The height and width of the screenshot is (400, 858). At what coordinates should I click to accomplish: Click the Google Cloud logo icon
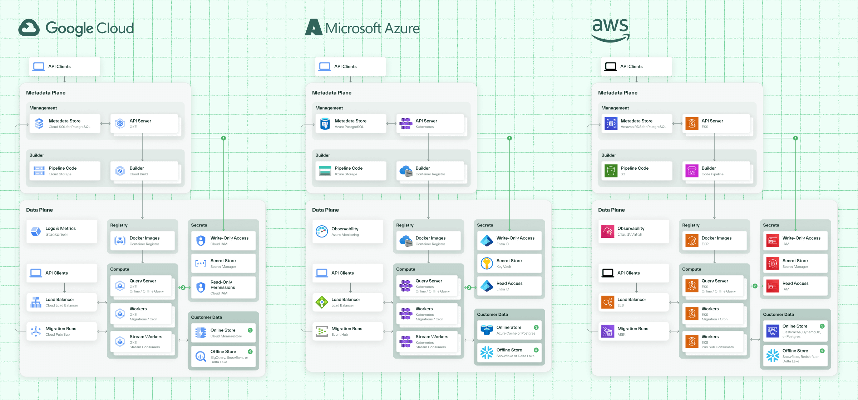[x=29, y=28]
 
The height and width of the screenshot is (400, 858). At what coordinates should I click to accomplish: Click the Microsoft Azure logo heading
[x=362, y=28]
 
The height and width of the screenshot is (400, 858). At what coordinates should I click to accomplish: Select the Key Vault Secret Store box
[x=509, y=264]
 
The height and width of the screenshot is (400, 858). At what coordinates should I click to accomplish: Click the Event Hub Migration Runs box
[x=347, y=331]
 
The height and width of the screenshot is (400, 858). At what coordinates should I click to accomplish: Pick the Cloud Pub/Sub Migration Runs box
[x=61, y=331]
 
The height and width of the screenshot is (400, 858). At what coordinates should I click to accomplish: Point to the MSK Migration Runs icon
[x=608, y=331]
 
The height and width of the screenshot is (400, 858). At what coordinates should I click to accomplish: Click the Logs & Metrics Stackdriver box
[x=61, y=231]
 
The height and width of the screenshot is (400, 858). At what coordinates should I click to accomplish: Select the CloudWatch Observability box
[x=633, y=231]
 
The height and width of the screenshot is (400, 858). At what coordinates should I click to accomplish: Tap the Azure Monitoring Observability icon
[x=322, y=231]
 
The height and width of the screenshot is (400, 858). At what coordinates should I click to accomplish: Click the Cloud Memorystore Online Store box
[x=223, y=333]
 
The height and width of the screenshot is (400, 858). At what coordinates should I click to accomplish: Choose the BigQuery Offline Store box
[x=223, y=356]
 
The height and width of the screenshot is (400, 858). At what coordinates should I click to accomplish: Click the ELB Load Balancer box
[x=633, y=302]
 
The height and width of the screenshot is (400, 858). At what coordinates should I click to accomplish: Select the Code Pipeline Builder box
[x=716, y=171]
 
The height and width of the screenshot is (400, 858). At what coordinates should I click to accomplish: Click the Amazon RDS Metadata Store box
[x=637, y=124]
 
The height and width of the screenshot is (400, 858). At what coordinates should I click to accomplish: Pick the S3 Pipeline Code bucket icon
[x=611, y=171]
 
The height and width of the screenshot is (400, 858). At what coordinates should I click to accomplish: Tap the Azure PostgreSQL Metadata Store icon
[x=325, y=124]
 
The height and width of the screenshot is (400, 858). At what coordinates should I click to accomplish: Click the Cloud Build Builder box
[x=144, y=171]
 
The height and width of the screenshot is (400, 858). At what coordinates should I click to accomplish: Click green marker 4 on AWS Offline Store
[x=822, y=351]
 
